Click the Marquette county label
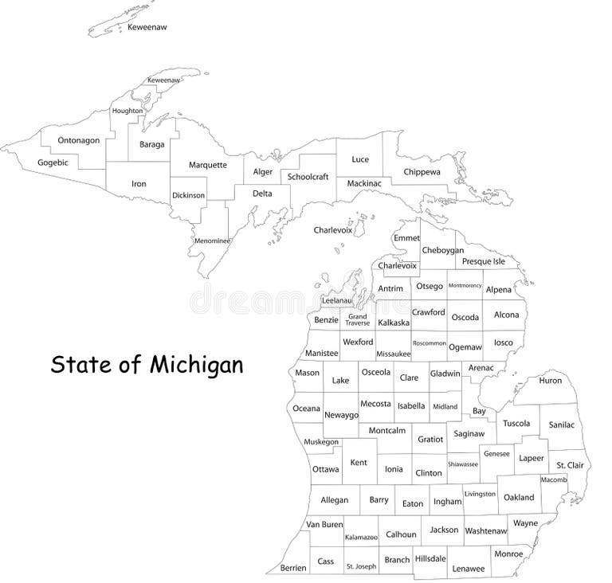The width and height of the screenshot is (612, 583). pyautogui.click(x=207, y=165)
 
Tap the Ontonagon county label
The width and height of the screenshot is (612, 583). pyautogui.click(x=78, y=141)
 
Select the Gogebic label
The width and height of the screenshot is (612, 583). pyautogui.click(x=53, y=163)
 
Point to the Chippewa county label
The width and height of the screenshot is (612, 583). pyautogui.click(x=422, y=171)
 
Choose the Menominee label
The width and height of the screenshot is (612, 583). pyautogui.click(x=212, y=241)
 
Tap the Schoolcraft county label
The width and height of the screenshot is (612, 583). pyautogui.click(x=308, y=177)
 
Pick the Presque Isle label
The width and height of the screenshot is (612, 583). pyautogui.click(x=484, y=261)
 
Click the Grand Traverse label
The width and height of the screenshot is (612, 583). pyautogui.click(x=357, y=319)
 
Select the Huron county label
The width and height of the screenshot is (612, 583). pyautogui.click(x=550, y=381)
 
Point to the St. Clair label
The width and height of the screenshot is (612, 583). pyautogui.click(x=570, y=464)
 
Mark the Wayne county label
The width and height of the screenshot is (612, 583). pyautogui.click(x=525, y=523)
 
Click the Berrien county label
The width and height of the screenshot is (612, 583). pyautogui.click(x=293, y=568)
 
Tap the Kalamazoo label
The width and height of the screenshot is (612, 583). pyautogui.click(x=360, y=538)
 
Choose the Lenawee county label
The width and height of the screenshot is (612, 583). pyautogui.click(x=468, y=569)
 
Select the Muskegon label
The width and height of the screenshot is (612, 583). pyautogui.click(x=321, y=442)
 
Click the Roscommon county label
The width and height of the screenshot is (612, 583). pyautogui.click(x=430, y=343)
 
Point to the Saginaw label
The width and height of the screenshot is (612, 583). pyautogui.click(x=469, y=434)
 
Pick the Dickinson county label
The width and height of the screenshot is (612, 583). pyautogui.click(x=188, y=195)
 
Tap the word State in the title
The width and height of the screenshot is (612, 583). pyautogui.click(x=78, y=366)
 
